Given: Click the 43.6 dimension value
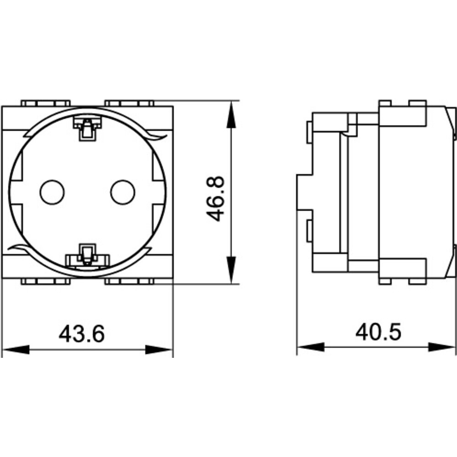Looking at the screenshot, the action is (x=82, y=334).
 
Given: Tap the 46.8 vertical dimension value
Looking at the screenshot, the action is (x=215, y=199).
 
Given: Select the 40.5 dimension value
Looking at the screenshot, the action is (x=378, y=332).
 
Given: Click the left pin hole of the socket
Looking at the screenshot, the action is (x=52, y=192).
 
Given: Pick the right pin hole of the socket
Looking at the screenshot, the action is (x=122, y=192).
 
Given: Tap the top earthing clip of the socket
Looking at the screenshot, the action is (x=87, y=128).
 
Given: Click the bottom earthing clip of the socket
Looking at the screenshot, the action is (x=87, y=256).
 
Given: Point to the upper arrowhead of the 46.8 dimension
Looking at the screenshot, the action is (x=231, y=115).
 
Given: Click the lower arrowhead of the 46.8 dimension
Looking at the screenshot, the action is (x=231, y=270).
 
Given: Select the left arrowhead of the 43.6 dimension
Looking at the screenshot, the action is (x=16, y=350).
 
